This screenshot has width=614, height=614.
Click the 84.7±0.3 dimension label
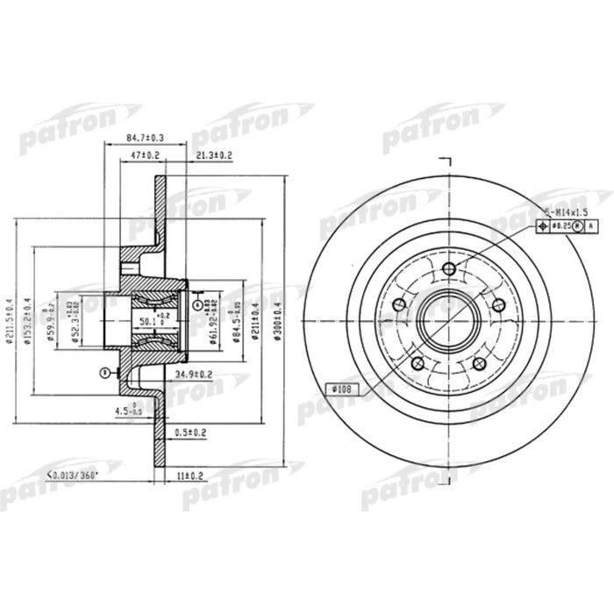(x=146, y=138)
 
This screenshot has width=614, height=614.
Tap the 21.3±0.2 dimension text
(x=211, y=156)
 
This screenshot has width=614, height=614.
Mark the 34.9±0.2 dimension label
(x=195, y=375)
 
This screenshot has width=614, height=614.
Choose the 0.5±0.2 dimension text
(x=190, y=432)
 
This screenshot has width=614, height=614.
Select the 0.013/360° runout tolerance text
(x=72, y=474)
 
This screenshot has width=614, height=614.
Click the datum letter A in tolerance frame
(x=589, y=227)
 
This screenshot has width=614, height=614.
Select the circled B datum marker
(x=104, y=372)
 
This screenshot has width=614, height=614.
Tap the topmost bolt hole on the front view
(x=449, y=268)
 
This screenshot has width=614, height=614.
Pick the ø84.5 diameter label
(x=232, y=325)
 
